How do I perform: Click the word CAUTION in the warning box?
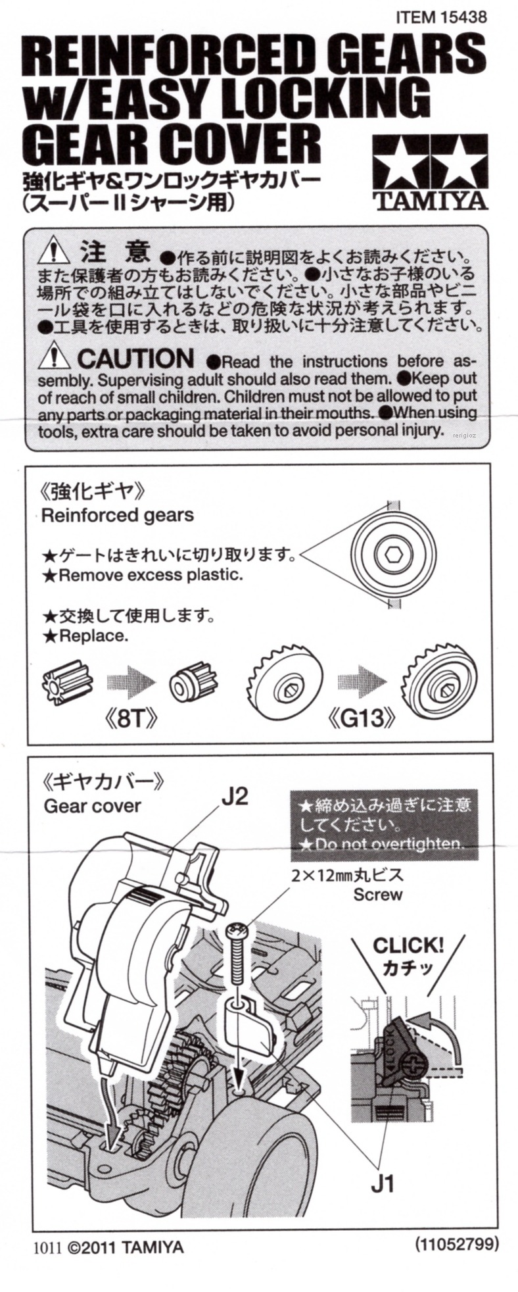[136, 359]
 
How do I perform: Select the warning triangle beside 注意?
[54, 251]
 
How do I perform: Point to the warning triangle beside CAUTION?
[54, 357]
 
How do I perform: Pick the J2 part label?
[234, 797]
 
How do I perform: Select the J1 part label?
[383, 1183]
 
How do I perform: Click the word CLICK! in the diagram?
[408, 945]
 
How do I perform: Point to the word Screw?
[377, 895]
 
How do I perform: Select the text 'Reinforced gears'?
[118, 515]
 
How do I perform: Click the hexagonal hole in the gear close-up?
[394, 554]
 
